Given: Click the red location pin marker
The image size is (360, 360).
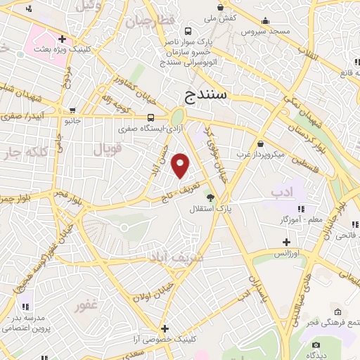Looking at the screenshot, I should pyautogui.click(x=181, y=166).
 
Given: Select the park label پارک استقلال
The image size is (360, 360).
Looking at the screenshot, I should pyautogui.click(x=205, y=209).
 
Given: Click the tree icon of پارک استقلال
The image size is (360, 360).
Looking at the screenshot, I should pyautogui.click(x=209, y=197).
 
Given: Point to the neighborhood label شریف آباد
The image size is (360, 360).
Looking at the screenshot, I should pyautogui.click(x=175, y=257).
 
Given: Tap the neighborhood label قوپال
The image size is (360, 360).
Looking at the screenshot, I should pyautogui.click(x=108, y=148).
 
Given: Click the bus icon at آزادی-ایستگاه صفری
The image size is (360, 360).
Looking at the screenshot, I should pyautogui.click(x=152, y=117).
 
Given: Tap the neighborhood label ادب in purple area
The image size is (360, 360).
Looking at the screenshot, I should pyautogui.click(x=281, y=191).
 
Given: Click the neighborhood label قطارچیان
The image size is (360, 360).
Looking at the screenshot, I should pyautogui.click(x=150, y=22).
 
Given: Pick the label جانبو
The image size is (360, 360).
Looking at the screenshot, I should pyautogui.click(x=73, y=121).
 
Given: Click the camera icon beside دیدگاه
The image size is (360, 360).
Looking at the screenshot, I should pyautogui.click(x=316, y=345).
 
